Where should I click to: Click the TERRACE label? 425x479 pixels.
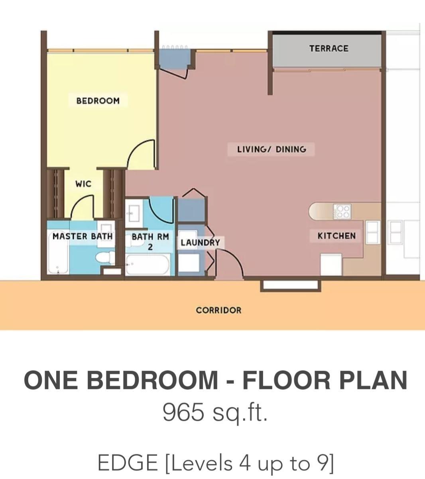tap(329, 49)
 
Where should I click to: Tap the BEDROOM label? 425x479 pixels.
tap(98, 101)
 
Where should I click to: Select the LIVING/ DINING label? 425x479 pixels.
tap(272, 149)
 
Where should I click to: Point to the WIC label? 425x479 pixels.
tap(83, 184)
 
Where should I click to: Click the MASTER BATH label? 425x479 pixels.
tap(83, 236)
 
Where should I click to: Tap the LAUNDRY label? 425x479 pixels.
tap(200, 243)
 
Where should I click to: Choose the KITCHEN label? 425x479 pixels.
tap(336, 236)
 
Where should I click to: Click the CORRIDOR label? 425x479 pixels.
tap(218, 310)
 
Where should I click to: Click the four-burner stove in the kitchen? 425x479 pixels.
tap(342, 212)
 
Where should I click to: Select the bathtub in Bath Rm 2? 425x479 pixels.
tap(148, 265)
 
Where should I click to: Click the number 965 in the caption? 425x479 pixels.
tap(183, 412)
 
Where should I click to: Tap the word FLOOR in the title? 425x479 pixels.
tap(286, 380)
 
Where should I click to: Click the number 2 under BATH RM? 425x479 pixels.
tap(150, 247)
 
